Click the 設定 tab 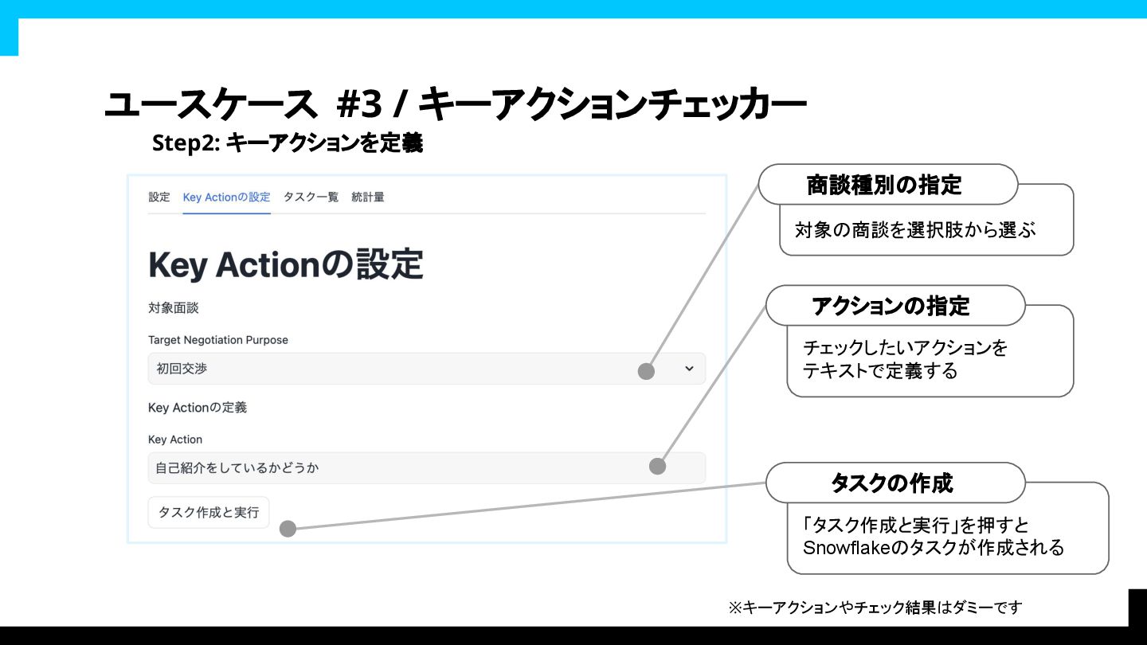(x=159, y=197)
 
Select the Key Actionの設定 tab (x=226, y=197)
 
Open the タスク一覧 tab (x=311, y=197)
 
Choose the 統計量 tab (x=368, y=197)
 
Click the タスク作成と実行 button (x=209, y=512)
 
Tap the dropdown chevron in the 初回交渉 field (x=689, y=369)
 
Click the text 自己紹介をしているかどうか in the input (x=237, y=468)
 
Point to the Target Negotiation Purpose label (x=218, y=340)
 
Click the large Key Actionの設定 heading (x=285, y=265)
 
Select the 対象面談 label (x=173, y=308)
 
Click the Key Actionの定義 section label (x=198, y=408)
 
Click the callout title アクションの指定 (x=891, y=306)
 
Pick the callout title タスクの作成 (x=891, y=483)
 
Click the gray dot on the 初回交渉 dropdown (x=647, y=371)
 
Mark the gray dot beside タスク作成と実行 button (x=288, y=529)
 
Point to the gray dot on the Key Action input (x=657, y=467)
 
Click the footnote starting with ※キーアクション (x=875, y=608)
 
